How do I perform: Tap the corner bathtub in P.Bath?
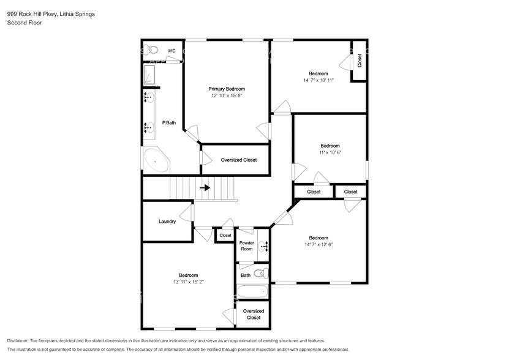tap(156, 160)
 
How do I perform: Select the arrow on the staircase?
tap(205, 188)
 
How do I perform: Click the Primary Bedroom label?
tap(227, 89)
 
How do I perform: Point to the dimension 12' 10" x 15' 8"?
tap(227, 96)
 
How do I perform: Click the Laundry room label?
tap(167, 222)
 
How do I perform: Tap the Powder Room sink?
tap(263, 247)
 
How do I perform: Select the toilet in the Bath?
tap(262, 274)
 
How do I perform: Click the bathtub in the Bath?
tap(252, 292)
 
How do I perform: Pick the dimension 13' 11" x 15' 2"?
tap(189, 282)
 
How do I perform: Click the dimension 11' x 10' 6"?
tap(330, 152)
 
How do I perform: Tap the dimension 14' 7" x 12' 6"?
tap(319, 244)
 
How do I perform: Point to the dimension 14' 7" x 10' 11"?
tap(319, 80)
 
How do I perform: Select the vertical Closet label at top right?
tap(360, 61)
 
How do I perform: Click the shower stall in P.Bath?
tap(149, 75)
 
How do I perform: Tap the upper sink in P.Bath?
tap(149, 97)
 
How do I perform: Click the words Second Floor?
tap(25, 23)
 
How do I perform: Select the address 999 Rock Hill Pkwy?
tap(32, 14)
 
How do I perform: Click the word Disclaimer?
tap(18, 341)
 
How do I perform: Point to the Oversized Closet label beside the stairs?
tap(239, 160)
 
